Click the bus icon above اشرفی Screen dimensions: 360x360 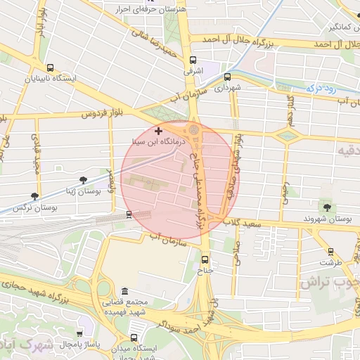(193, 60)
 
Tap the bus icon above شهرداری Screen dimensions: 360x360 (227, 77)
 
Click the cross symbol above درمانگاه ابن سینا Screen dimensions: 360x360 (158, 131)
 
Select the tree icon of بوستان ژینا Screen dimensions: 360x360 (84, 180)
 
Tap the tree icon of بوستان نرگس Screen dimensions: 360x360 (34, 196)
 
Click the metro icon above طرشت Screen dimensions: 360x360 (330, 252)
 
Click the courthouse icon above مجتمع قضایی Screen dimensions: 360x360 (124, 292)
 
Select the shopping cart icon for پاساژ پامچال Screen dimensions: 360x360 (79, 335)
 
